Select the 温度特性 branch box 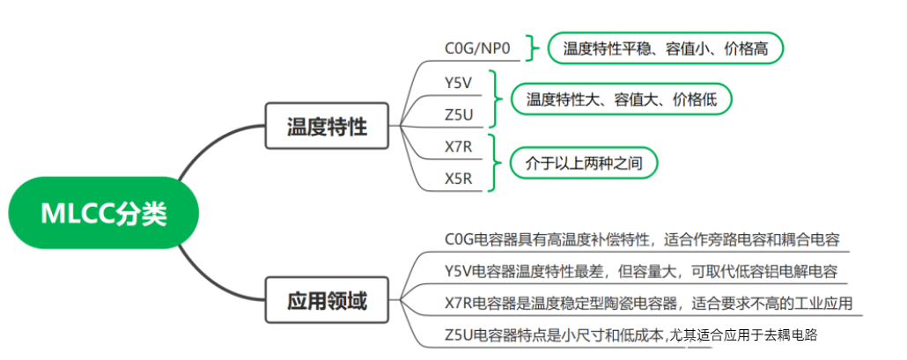tap(328, 126)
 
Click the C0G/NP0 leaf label tap(477, 47)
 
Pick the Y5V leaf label tap(459, 83)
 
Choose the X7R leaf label tap(459, 146)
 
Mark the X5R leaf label tap(459, 180)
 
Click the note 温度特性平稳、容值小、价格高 tap(665, 48)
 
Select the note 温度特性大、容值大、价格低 tap(622, 99)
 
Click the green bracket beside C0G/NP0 tap(531, 48)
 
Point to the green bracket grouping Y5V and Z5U tap(495, 99)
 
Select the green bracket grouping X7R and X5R tap(495, 163)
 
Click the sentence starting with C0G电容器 tap(643, 239)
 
